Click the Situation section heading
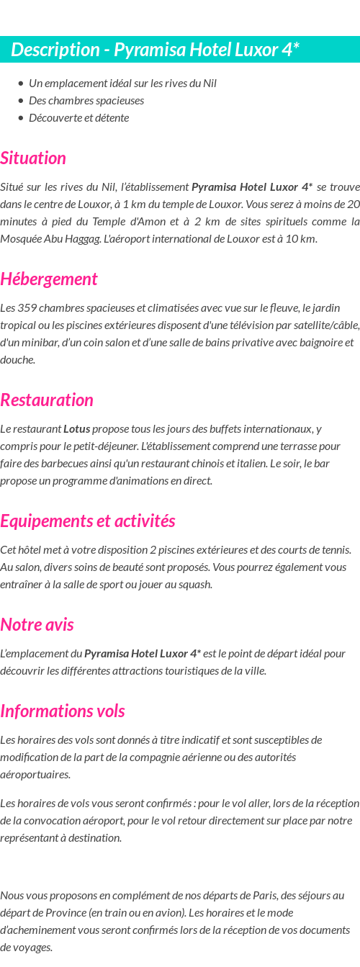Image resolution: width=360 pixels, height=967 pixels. click(33, 158)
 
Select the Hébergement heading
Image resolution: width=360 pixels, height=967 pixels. click(49, 279)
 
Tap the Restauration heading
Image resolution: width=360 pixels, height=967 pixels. click(47, 400)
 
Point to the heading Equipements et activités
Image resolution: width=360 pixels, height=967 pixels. click(88, 521)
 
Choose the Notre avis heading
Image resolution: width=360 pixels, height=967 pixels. click(37, 624)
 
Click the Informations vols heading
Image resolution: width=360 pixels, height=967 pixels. click(63, 711)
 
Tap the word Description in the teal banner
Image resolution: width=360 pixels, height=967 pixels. click(55, 50)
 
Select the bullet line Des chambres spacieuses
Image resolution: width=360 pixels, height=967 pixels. click(86, 100)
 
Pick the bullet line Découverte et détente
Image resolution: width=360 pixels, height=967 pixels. click(78, 117)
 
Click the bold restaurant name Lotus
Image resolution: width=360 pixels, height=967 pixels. click(76, 428)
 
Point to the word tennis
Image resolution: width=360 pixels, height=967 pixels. click(335, 549)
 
